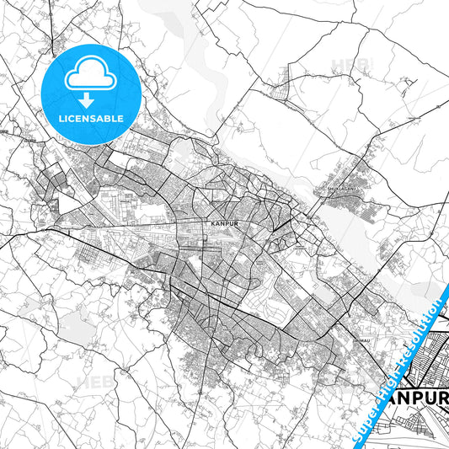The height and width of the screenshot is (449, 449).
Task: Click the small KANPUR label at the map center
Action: click(218, 225)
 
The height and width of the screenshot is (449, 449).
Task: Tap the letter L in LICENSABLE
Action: click(61, 119)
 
